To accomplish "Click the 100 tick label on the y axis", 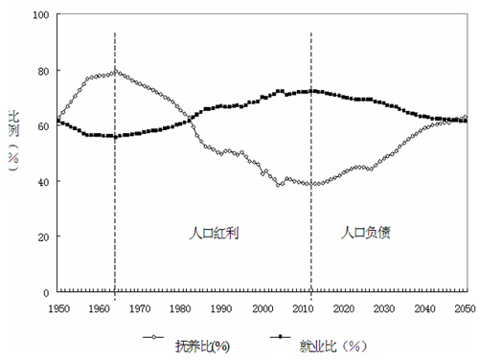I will [39, 16].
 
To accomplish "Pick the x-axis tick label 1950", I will [58, 307].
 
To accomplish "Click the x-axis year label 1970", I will [140, 307].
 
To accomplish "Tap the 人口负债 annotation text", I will [366, 233].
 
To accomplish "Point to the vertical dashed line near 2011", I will [311, 191].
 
